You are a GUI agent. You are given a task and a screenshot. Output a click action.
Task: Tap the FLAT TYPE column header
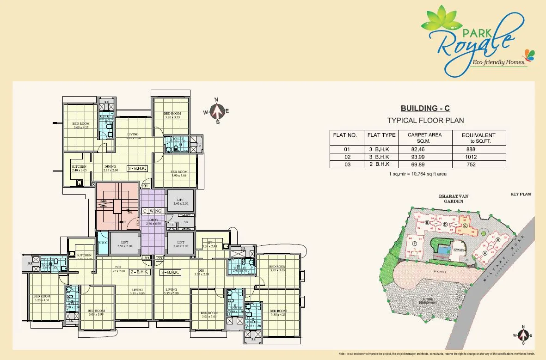tap(381, 135)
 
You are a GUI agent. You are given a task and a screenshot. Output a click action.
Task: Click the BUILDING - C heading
tap(425, 109)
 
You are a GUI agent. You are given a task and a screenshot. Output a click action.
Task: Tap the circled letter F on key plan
tap(414, 244)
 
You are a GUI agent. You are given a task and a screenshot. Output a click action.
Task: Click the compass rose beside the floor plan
tap(217, 111)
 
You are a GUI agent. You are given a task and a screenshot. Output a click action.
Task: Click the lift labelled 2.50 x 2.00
tap(124, 244)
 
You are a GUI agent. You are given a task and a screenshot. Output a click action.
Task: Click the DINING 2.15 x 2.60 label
tap(110, 168)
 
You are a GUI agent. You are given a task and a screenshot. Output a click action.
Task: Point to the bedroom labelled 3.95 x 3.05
tap(277, 268)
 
